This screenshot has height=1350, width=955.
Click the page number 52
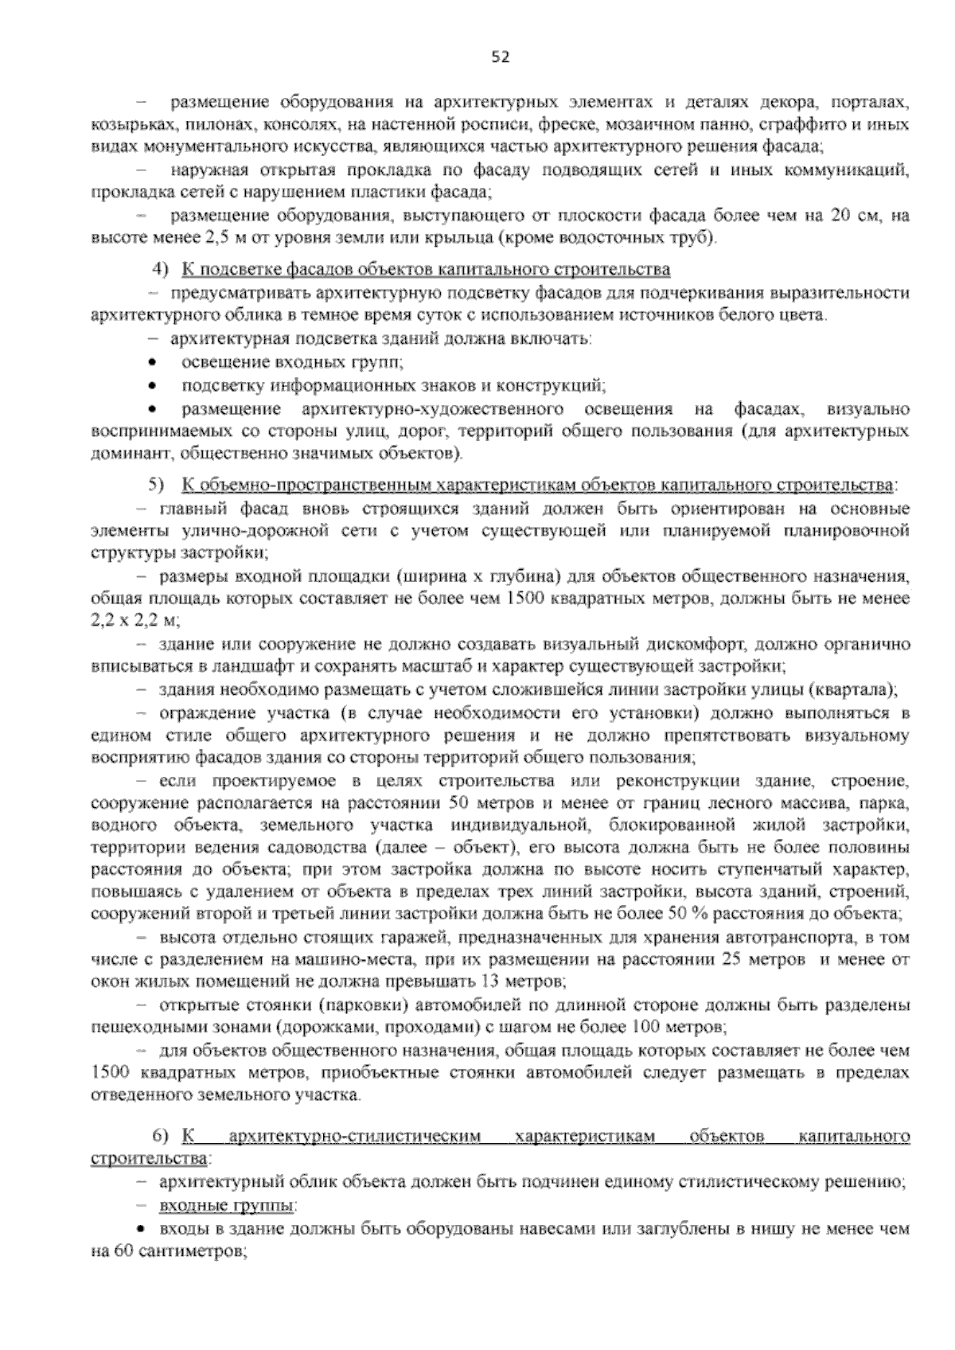(x=500, y=57)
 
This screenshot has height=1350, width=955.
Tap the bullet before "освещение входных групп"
(x=153, y=363)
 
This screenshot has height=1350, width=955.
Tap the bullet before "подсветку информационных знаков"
(x=153, y=386)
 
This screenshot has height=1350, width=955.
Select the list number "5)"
(x=157, y=485)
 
